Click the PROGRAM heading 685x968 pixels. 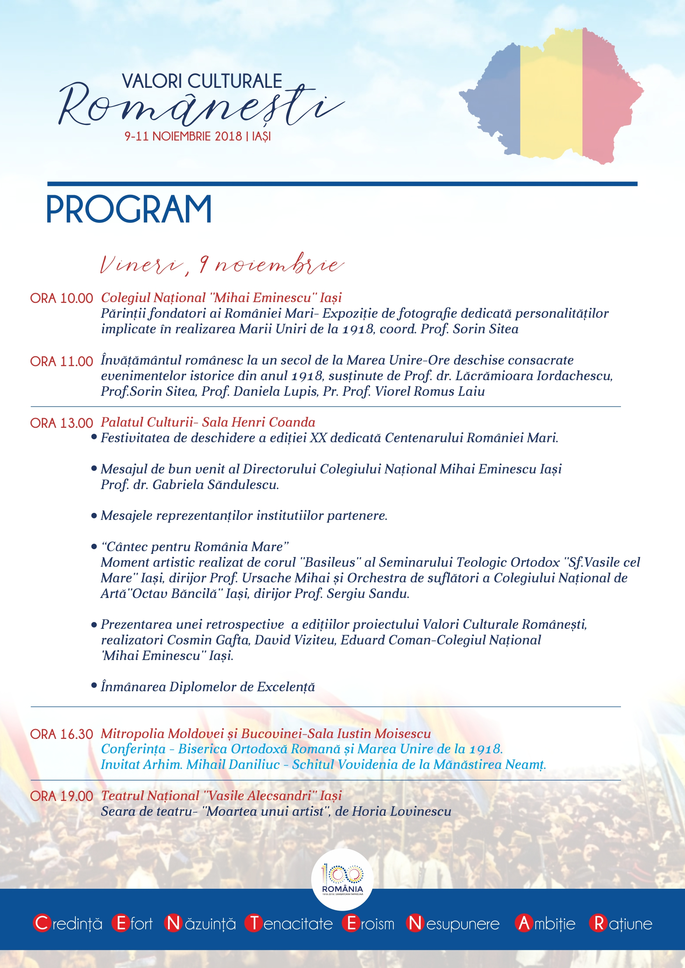[128, 209]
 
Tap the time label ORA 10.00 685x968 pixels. [62, 299]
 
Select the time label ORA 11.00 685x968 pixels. [62, 361]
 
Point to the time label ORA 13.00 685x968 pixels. [62, 423]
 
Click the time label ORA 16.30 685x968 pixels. [62, 734]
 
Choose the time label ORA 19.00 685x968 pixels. [62, 796]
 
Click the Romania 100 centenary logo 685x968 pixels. [342, 879]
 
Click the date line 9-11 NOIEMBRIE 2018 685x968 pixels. [197, 137]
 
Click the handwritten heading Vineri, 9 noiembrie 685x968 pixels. [221, 265]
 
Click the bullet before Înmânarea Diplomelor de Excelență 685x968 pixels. [94, 685]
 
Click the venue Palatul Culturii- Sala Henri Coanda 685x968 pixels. [208, 422]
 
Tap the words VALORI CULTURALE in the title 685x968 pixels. [202, 81]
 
